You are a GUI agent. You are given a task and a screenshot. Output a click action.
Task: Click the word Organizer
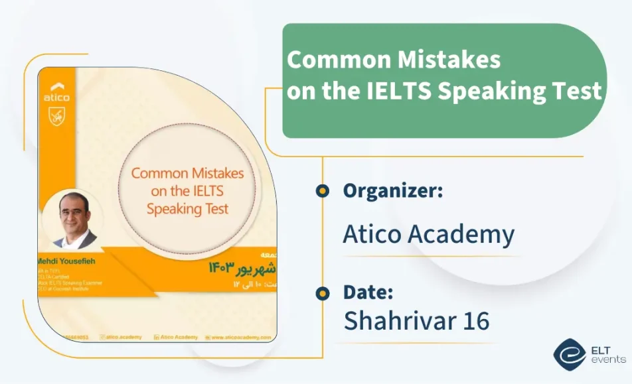[392, 192]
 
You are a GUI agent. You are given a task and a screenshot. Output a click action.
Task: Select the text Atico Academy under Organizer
[428, 234]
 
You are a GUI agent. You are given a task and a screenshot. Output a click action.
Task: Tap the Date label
[368, 292]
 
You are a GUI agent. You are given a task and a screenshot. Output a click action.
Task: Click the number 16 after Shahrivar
[475, 320]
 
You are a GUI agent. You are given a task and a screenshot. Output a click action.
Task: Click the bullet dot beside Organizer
[322, 191]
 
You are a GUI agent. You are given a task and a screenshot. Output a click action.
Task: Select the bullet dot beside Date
[322, 292]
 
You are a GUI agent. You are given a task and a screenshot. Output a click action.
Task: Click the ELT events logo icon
[569, 355]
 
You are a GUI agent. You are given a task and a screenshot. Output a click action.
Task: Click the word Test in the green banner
[577, 91]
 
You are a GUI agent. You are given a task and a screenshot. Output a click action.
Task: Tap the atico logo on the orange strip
[56, 93]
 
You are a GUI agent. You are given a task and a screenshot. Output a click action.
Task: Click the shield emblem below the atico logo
[56, 117]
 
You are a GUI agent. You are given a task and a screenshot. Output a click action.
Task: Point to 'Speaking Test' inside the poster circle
[187, 209]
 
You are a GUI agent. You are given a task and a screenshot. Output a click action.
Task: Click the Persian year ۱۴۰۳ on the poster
[221, 267]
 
